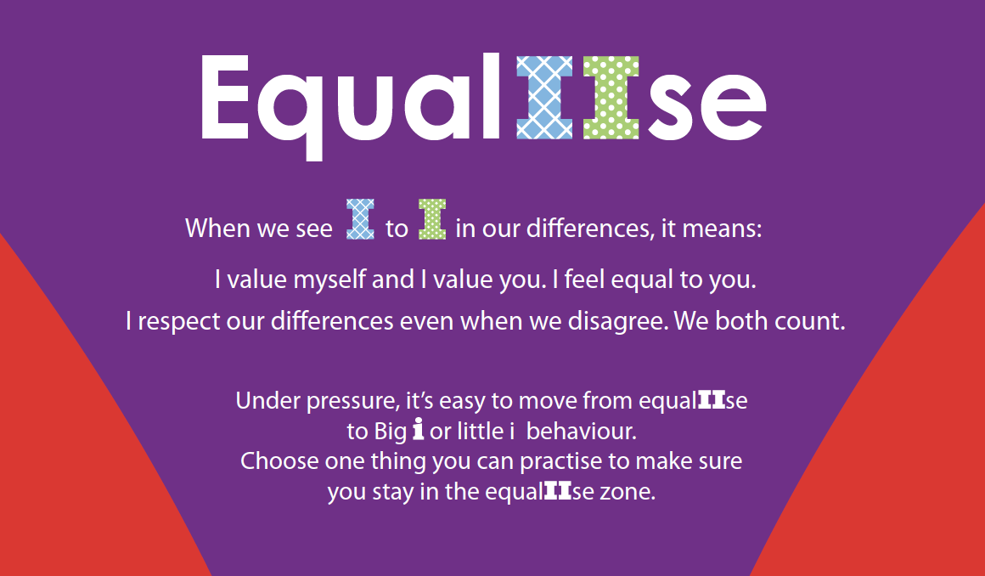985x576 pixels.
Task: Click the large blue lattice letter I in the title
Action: pos(544,98)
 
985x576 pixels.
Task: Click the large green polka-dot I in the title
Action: pos(611,98)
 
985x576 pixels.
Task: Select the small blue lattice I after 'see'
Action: pos(361,219)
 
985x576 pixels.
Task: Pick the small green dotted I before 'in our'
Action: pos(432,219)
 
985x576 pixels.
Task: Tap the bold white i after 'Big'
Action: pos(419,430)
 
